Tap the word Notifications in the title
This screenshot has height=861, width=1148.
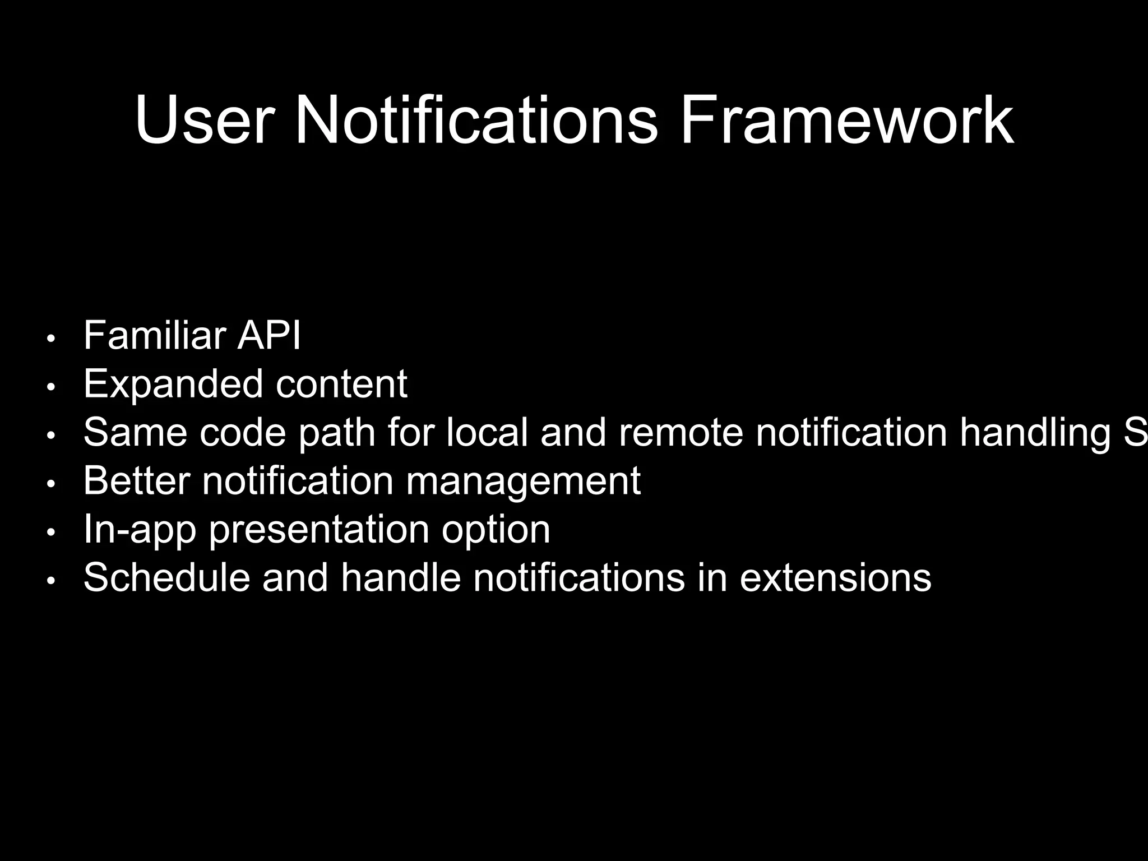(x=475, y=121)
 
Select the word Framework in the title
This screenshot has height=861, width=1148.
(x=846, y=121)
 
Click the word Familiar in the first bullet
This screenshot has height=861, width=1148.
(x=154, y=336)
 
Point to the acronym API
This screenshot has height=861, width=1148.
(x=269, y=336)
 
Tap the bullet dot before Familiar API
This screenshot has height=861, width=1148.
(x=51, y=339)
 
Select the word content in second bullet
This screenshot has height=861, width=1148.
(x=341, y=385)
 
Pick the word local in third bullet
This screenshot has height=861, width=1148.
(x=487, y=433)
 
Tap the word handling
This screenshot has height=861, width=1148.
(x=1035, y=433)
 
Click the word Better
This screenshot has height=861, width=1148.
(x=136, y=481)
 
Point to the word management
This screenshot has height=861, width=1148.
(x=522, y=481)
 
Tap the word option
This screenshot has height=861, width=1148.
(x=496, y=529)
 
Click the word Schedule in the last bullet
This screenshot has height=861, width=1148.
(x=166, y=577)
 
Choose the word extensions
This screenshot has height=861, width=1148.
(x=835, y=577)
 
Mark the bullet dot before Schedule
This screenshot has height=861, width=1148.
(x=51, y=581)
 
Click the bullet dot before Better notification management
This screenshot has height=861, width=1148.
(x=51, y=484)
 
